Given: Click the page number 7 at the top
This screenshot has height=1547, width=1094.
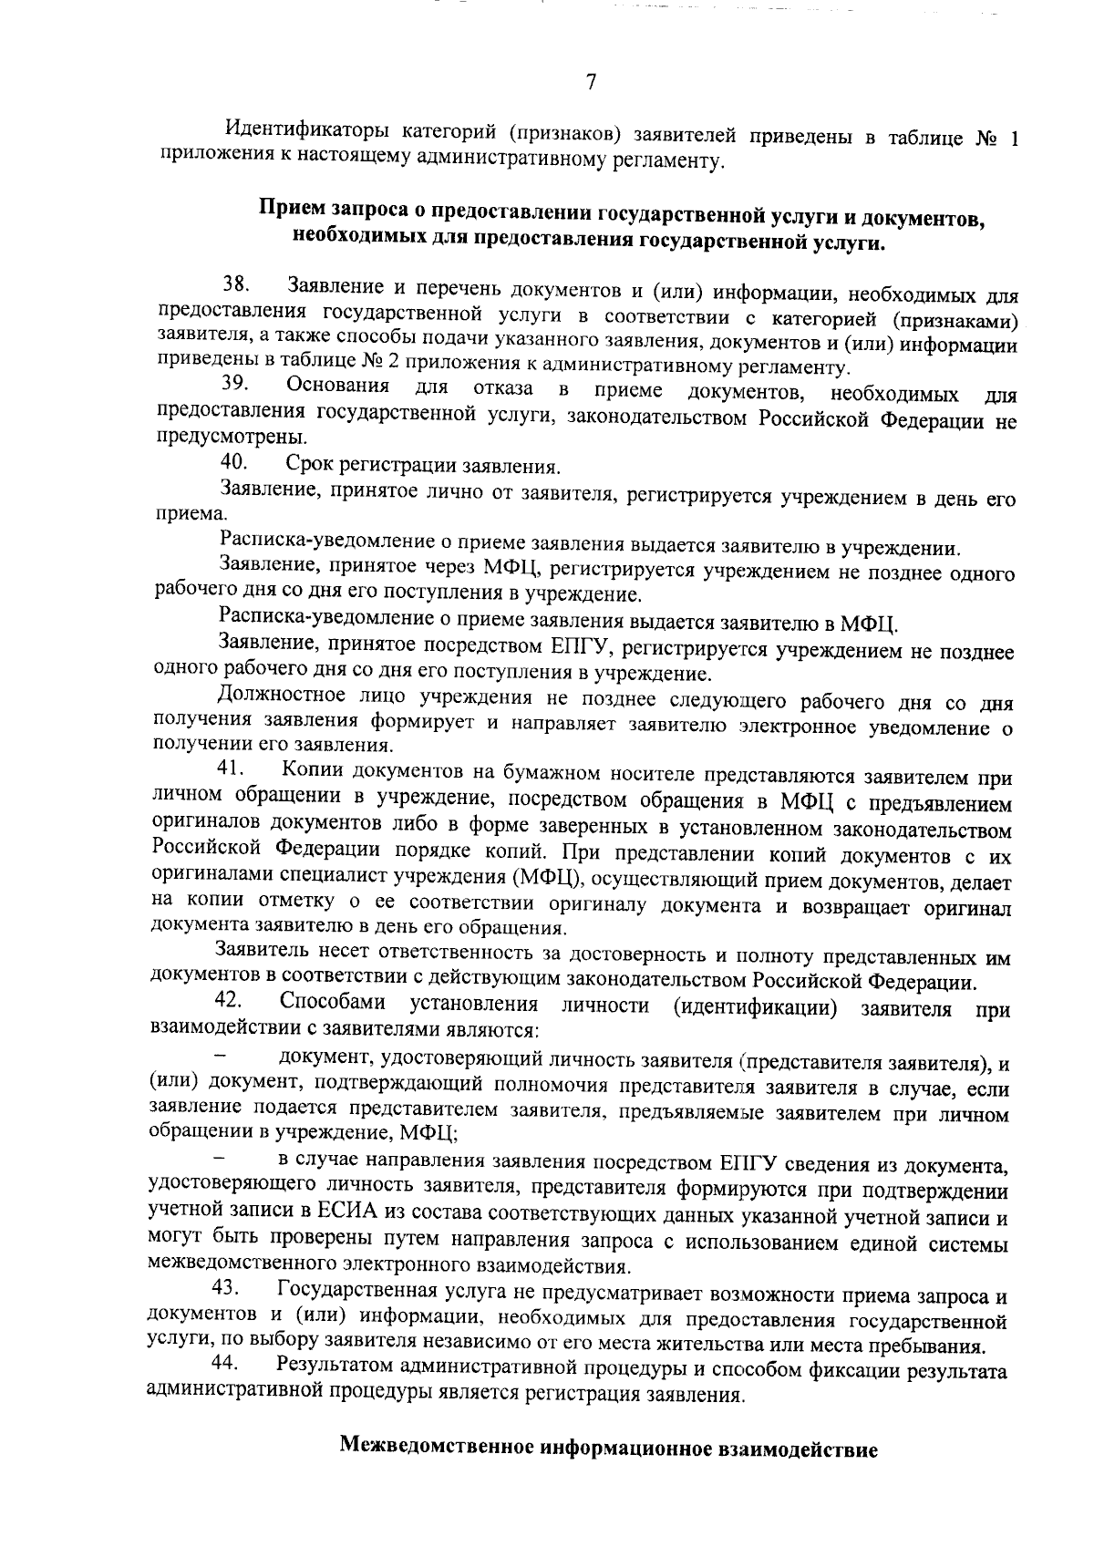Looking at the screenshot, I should point(591,83).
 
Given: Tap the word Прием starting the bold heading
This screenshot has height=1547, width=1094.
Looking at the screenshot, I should point(289,211).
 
